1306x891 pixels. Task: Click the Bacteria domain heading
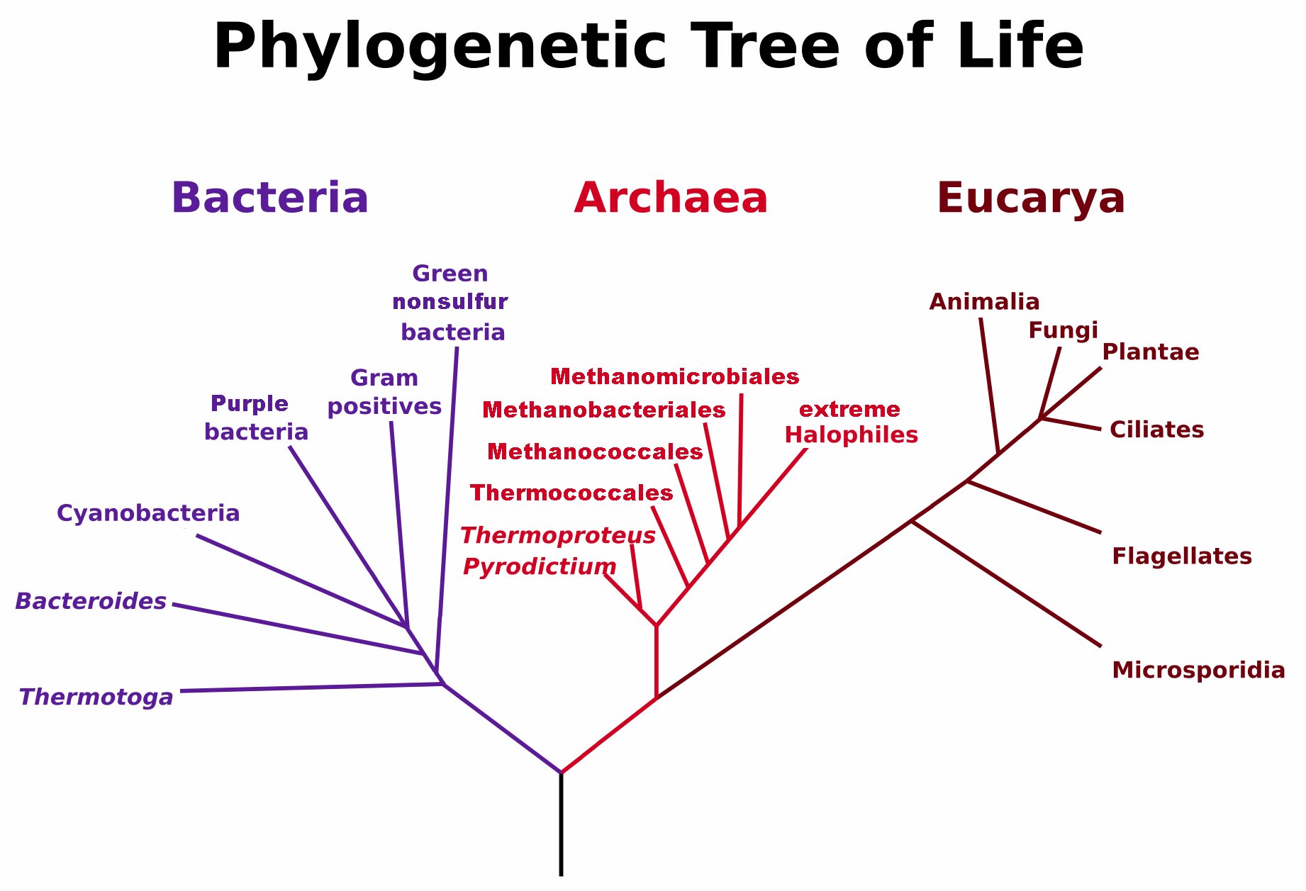pyautogui.click(x=270, y=198)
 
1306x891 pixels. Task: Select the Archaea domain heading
pyautogui.click(x=671, y=198)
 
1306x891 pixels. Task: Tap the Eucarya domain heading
pyautogui.click(x=1031, y=198)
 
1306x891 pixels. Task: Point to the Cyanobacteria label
pyautogui.click(x=148, y=513)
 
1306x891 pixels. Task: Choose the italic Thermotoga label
pyautogui.click(x=96, y=697)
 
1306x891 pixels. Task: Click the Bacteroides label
pyautogui.click(x=91, y=601)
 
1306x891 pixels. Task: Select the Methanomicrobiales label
pyautogui.click(x=675, y=376)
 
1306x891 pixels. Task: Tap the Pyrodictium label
pyautogui.click(x=540, y=567)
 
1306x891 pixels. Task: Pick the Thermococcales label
pyautogui.click(x=571, y=493)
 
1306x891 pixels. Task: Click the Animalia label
pyautogui.click(x=984, y=302)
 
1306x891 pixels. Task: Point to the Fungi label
pyautogui.click(x=1063, y=331)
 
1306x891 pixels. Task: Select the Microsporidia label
pyautogui.click(x=1198, y=670)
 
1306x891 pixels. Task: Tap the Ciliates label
pyautogui.click(x=1156, y=430)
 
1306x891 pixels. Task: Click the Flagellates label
pyautogui.click(x=1182, y=556)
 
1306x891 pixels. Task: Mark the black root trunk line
pyautogui.click(x=562, y=824)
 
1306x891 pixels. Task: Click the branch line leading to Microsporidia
pyautogui.click(x=1006, y=584)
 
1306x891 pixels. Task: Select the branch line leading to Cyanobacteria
pyautogui.click(x=302, y=581)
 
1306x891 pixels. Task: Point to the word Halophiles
pyautogui.click(x=852, y=435)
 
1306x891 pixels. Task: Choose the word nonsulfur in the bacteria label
pyautogui.click(x=450, y=302)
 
